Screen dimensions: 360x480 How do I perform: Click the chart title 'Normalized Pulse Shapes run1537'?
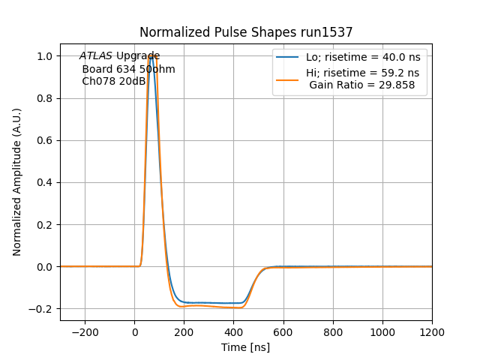coord(246,32)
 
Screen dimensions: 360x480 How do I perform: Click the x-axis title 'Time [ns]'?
coord(245,347)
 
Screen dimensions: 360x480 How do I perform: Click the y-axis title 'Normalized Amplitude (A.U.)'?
coord(17,182)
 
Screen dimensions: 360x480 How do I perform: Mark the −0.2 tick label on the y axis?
coord(43,308)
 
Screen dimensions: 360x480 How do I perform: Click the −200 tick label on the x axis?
coord(85,332)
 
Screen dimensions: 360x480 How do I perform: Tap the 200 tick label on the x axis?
coord(184,332)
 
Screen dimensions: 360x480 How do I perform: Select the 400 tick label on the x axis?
coord(234,332)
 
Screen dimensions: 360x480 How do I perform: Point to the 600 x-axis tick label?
coord(283,332)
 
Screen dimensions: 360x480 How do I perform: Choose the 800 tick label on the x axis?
coord(333,332)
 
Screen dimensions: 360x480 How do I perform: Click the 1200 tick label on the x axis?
coord(432,332)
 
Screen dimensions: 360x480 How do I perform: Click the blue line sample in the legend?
coord(287,57)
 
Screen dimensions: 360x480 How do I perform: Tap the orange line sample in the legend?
coord(287,73)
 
